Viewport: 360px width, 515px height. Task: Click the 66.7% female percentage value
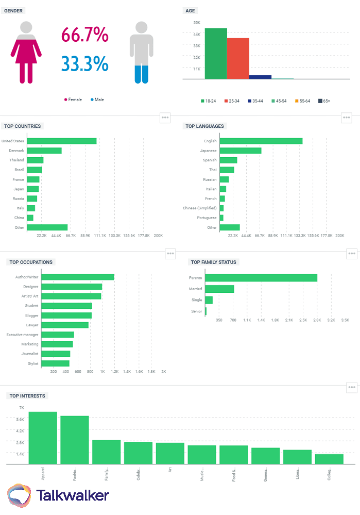tap(85, 35)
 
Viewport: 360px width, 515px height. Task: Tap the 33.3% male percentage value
tap(85, 63)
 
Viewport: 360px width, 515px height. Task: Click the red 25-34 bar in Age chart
tap(238, 58)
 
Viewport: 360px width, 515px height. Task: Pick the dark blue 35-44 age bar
tap(260, 77)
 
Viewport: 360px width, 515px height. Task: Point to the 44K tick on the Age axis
tap(197, 34)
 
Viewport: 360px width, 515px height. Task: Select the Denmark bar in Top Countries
tap(44, 151)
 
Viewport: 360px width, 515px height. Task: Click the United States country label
tap(13, 141)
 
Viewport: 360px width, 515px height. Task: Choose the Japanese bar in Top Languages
tap(241, 151)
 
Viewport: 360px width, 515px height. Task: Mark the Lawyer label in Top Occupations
tap(32, 325)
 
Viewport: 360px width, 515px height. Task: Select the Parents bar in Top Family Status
tap(261, 278)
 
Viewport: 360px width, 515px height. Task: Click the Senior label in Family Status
tap(196, 312)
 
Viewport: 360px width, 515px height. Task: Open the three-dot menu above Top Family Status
tap(352, 253)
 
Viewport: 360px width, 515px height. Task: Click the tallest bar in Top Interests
tap(43, 438)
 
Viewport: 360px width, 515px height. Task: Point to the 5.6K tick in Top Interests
tap(20, 419)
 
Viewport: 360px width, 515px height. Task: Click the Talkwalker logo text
tap(73, 495)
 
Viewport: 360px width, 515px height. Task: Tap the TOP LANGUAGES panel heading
tap(205, 126)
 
